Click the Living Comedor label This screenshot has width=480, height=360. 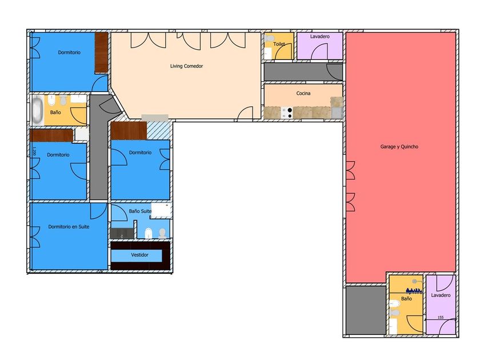click(186, 66)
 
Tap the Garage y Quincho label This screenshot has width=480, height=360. click(399, 147)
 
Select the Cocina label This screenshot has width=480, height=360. click(303, 93)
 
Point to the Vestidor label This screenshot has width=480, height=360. click(139, 255)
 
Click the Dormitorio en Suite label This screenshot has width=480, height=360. click(69, 227)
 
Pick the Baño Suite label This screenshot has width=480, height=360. click(140, 211)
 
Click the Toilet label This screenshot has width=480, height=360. click(279, 44)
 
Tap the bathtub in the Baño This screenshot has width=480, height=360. click(38, 110)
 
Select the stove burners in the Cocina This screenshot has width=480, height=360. click(286, 113)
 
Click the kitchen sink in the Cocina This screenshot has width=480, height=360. click(337, 113)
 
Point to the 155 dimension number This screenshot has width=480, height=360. click(441, 318)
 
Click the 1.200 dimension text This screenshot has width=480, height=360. click(34, 151)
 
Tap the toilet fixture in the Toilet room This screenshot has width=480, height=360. click(269, 39)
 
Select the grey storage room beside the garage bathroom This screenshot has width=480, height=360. click(366, 310)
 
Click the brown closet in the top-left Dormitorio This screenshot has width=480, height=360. click(101, 53)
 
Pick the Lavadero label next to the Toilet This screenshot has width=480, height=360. click(319, 37)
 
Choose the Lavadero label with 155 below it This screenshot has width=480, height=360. click(441, 295)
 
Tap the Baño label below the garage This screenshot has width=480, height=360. click(406, 299)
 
